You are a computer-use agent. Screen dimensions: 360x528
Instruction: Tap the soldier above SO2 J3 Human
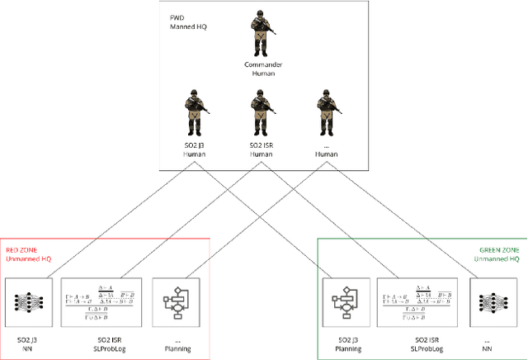(196, 112)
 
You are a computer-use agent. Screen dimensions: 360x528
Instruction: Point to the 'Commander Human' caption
(263, 69)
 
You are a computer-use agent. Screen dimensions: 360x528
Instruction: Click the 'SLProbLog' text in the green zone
(422, 348)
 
